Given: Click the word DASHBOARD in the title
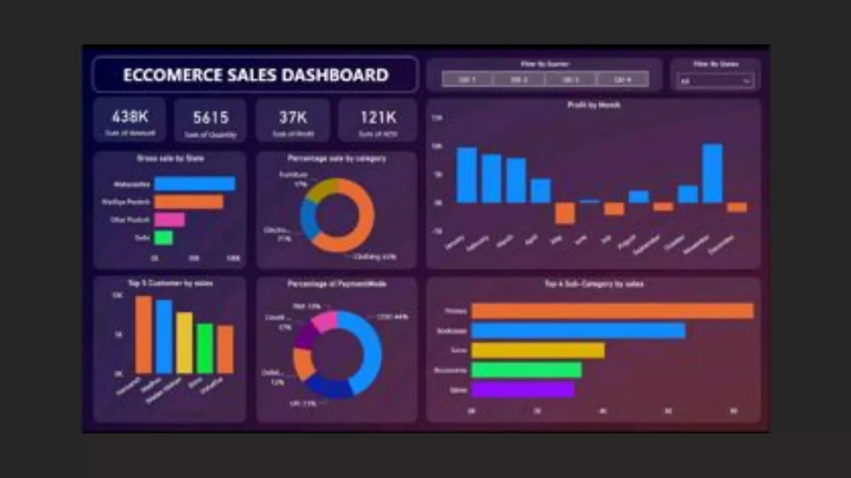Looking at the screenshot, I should click(x=335, y=75).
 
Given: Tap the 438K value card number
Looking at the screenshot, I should click(x=130, y=117).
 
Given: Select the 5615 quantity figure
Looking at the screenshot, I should click(x=211, y=118).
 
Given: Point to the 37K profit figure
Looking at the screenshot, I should click(x=293, y=117).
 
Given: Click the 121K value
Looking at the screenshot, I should click(x=378, y=117).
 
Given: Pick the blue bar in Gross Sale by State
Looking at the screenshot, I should click(x=194, y=183).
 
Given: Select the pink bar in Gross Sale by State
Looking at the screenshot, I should click(x=169, y=219).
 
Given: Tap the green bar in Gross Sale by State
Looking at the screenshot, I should click(x=163, y=238).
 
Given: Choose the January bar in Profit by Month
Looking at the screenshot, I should click(x=467, y=175).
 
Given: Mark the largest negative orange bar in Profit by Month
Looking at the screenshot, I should click(x=565, y=213).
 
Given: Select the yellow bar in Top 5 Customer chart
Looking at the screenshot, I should click(x=184, y=342).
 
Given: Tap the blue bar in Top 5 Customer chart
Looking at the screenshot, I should click(x=164, y=336).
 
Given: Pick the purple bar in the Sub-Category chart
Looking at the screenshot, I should click(x=522, y=390).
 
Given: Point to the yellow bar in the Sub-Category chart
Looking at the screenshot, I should click(x=538, y=351).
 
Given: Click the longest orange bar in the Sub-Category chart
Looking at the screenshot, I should click(x=612, y=311).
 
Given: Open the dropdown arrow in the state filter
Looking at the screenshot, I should click(x=747, y=81).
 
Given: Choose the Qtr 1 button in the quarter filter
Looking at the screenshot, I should click(x=467, y=79).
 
